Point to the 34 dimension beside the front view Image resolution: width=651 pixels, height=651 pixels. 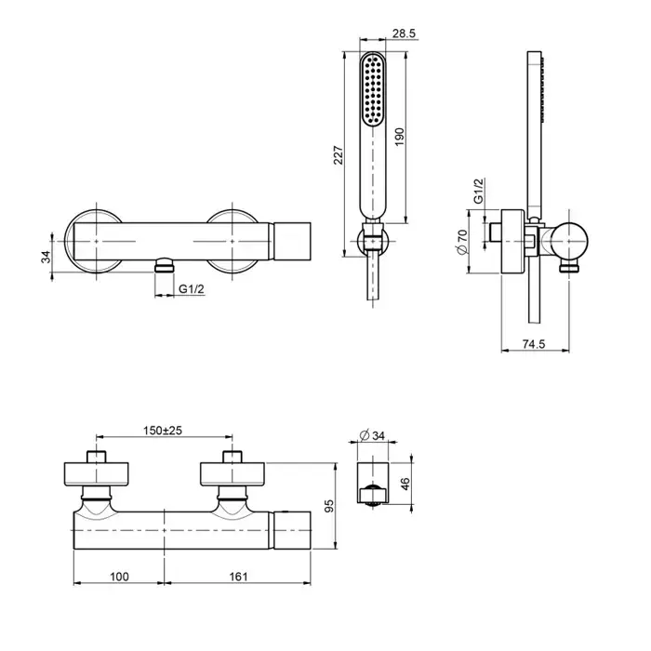tap(46, 257)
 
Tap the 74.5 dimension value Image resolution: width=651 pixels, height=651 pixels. tap(534, 344)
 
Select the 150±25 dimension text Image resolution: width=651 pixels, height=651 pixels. tap(162, 430)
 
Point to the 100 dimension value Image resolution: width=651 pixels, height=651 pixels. tap(118, 577)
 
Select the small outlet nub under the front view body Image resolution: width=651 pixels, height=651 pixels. tap(165, 266)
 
